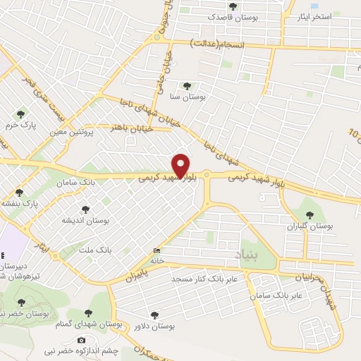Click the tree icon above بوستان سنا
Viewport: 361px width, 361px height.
[186, 86]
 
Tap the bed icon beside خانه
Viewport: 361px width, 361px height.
[156, 251]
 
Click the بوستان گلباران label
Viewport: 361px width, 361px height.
[309, 226]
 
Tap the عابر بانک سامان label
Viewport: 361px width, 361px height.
[279, 295]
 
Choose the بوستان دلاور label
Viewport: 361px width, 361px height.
[155, 326]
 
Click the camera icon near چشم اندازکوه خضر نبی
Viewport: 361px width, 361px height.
[82, 341]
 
